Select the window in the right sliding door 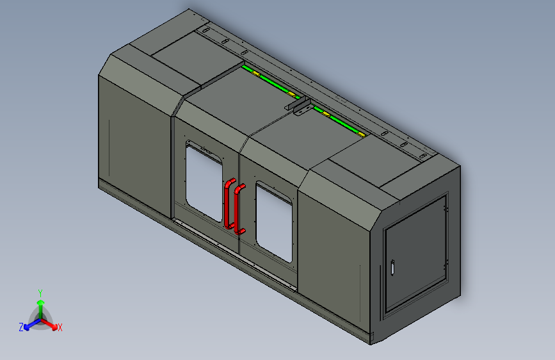[274, 220]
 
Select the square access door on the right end [415, 256]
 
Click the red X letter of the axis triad [60, 327]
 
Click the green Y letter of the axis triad [40, 292]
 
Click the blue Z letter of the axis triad [21, 327]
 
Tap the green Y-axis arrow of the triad [40, 304]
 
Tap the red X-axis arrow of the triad [51, 323]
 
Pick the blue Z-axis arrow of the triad [29, 324]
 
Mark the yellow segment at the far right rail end [362, 135]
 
